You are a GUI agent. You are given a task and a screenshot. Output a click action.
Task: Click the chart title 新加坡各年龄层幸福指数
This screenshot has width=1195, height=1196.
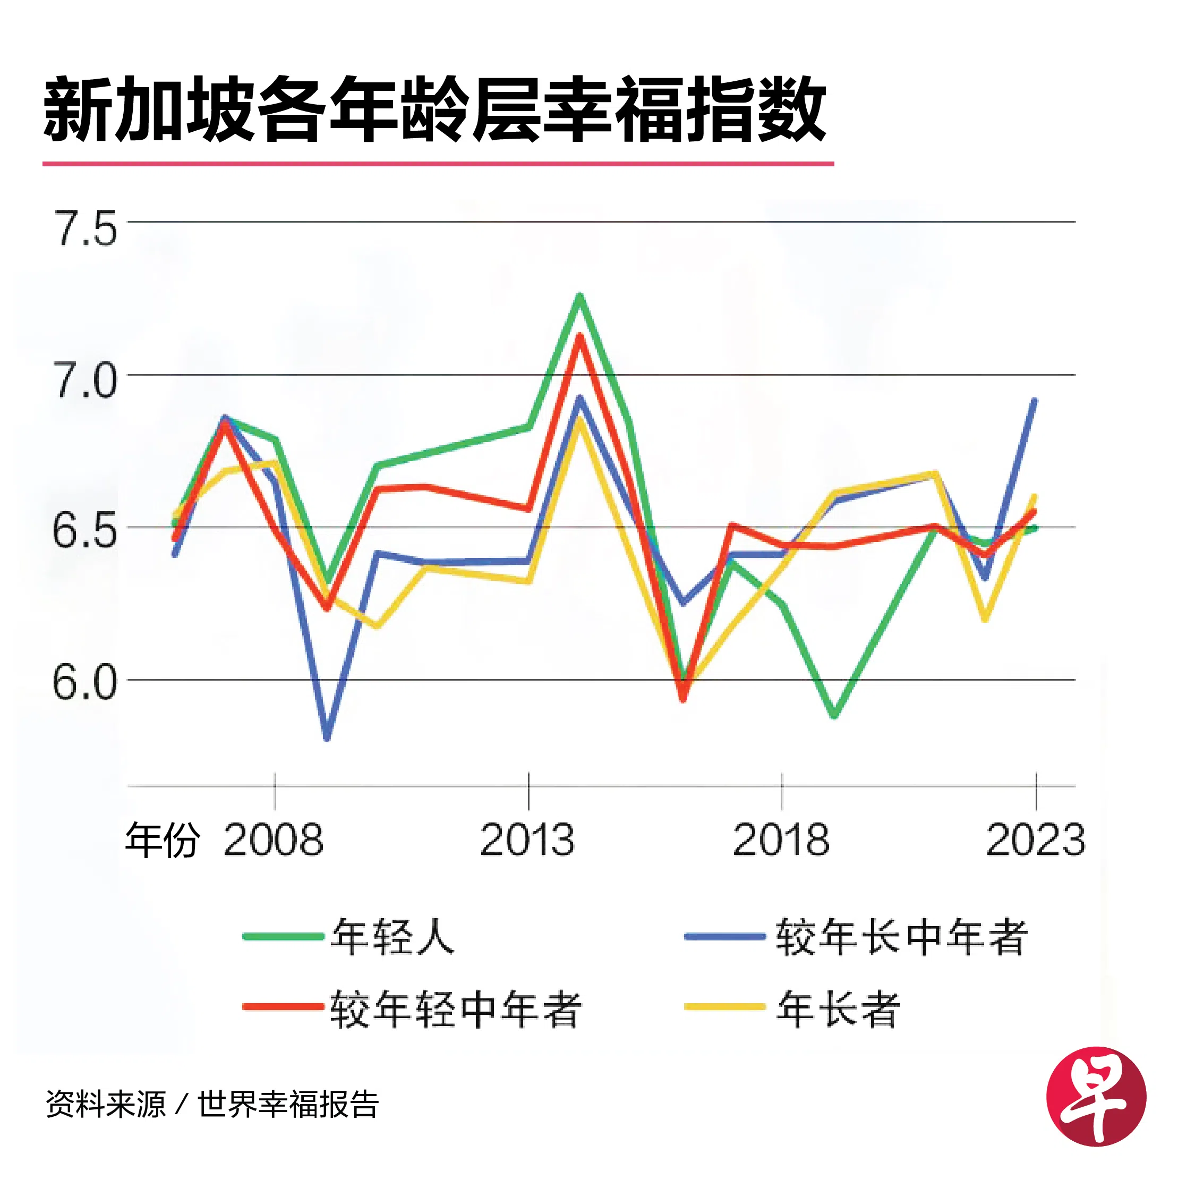click(434, 110)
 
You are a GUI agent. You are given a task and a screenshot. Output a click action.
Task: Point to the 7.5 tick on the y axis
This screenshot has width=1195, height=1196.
click(86, 228)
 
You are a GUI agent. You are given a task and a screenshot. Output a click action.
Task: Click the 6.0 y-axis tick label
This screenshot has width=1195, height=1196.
click(85, 683)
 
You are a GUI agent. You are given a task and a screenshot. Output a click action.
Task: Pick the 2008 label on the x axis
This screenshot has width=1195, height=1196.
click(274, 840)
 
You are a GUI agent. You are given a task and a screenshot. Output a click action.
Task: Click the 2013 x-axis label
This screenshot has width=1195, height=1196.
click(527, 840)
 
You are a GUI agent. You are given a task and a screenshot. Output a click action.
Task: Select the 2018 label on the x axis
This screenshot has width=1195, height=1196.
click(781, 840)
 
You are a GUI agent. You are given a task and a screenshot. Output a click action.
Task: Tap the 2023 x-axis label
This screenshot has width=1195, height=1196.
click(1035, 840)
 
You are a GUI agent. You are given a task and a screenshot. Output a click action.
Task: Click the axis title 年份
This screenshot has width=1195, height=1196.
click(162, 840)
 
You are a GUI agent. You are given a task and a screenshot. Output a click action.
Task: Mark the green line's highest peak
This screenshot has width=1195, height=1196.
click(580, 295)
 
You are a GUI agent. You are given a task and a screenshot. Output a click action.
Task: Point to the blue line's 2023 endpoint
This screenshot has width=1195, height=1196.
click(1034, 401)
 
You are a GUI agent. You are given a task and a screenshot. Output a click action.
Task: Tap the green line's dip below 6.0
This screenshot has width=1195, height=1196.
click(834, 716)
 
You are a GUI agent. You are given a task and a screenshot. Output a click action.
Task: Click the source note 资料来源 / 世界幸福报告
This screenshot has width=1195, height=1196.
click(211, 1104)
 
